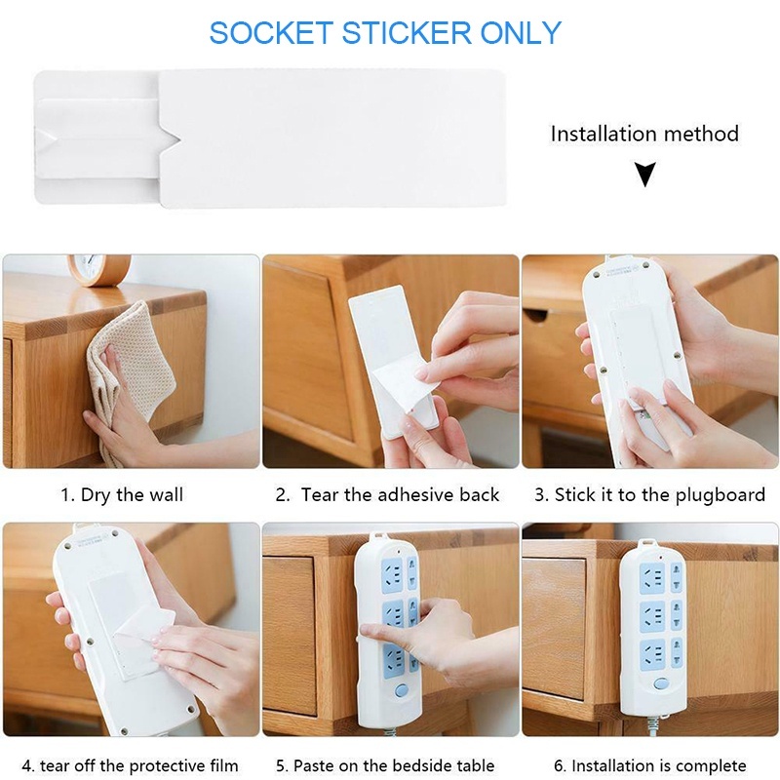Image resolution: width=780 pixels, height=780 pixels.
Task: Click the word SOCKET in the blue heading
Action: coord(271,33)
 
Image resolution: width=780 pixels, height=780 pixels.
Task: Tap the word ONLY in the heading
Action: coord(521,33)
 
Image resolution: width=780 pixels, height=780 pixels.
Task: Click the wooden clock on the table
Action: coord(99,269)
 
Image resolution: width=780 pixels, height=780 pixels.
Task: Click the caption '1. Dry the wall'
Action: coord(123,495)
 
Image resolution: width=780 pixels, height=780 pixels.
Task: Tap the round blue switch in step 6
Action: coord(661,683)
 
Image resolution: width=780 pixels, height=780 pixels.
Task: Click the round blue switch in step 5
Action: coord(402,690)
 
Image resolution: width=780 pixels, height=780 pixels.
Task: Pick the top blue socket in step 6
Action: coord(651,578)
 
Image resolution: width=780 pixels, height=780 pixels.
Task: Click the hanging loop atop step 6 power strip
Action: coord(647,543)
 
